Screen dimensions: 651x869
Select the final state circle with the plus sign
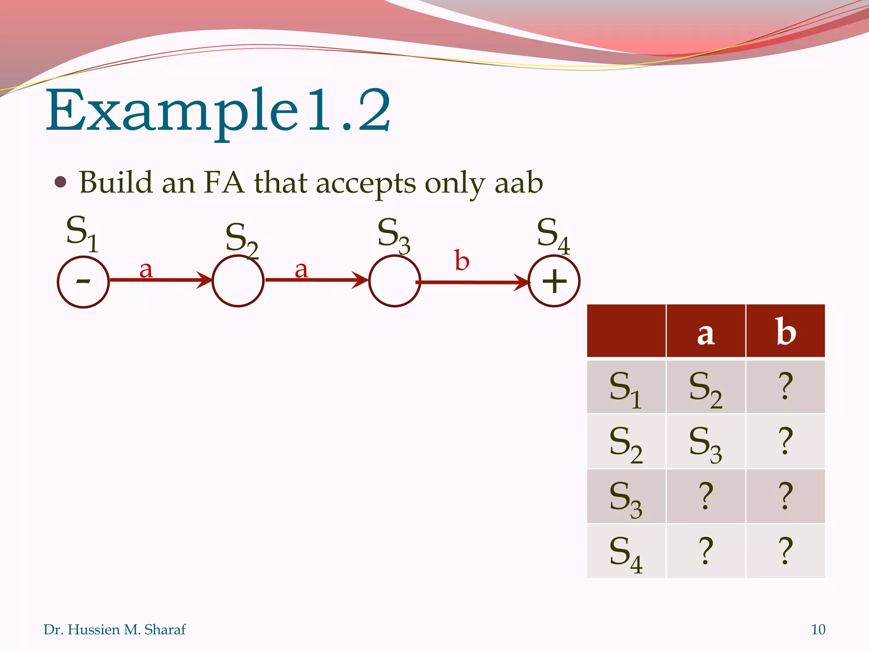[554, 281]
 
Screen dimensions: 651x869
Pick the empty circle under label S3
[394, 281]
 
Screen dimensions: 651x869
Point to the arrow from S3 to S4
[471, 282]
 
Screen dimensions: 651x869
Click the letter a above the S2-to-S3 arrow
[301, 269]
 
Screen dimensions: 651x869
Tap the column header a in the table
[706, 333]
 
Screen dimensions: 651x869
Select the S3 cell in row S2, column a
[706, 442]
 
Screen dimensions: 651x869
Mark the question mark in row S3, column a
[706, 496]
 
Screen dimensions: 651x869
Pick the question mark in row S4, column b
[785, 551]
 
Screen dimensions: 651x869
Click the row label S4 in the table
[626, 553]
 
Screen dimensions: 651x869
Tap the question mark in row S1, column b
[785, 386]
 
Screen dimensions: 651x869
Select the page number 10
[818, 629]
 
